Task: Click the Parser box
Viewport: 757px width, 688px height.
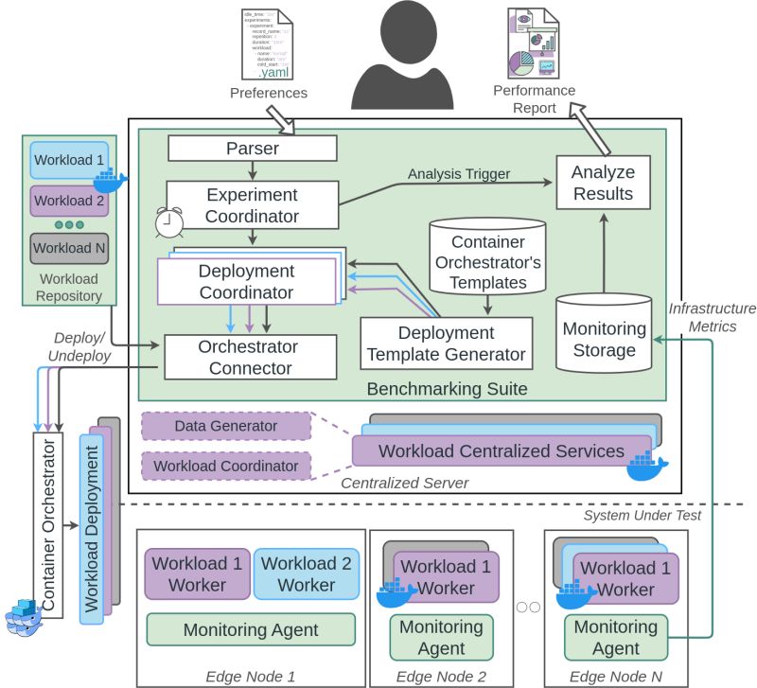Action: coord(252,148)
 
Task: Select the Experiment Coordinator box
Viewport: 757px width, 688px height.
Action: coord(252,205)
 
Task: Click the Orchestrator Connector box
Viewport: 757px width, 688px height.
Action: coord(251,357)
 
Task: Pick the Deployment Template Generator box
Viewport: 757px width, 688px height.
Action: coord(446,344)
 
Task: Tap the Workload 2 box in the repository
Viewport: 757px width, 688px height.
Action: coord(69,201)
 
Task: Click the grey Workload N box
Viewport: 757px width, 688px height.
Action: coord(69,249)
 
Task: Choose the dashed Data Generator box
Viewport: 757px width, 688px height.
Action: coord(225,427)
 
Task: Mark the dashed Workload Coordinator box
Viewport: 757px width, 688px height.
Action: coord(225,466)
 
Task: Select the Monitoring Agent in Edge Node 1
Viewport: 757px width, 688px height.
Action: coord(251,629)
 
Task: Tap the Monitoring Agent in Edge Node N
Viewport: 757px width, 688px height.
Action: coord(616,637)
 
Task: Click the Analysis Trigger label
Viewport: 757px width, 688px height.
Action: coord(459,173)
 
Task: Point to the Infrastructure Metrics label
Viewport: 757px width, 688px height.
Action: coord(713,318)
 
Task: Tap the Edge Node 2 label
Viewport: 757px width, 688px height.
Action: coord(441,676)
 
